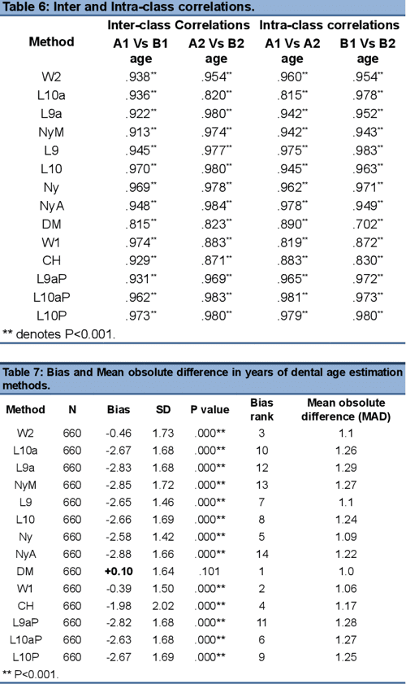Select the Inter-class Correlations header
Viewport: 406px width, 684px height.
(x=181, y=25)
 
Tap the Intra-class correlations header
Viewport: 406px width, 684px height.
(x=330, y=25)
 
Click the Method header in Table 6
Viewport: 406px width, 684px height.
(x=51, y=41)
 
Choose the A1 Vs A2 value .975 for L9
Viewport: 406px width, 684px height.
(x=292, y=150)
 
